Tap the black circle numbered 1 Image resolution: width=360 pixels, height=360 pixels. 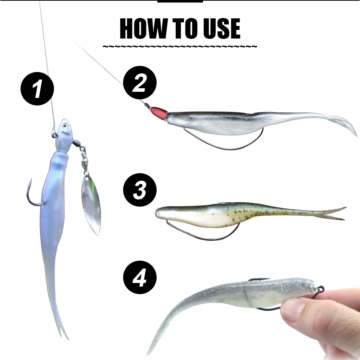(x=37, y=89)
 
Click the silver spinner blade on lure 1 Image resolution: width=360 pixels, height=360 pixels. (x=90, y=203)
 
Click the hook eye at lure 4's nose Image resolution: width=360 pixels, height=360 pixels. (x=319, y=289)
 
